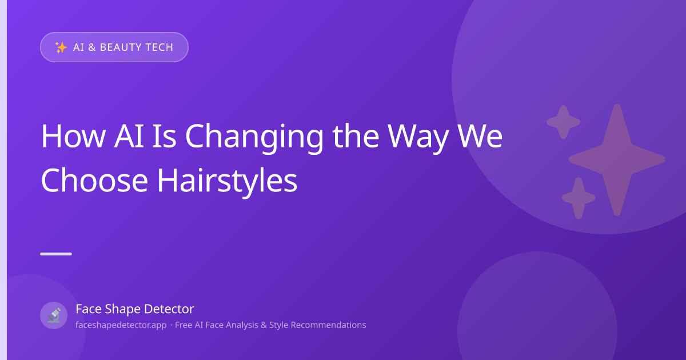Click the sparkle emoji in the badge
tap(61, 47)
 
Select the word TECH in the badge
tap(159, 47)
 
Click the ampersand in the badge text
tap(92, 47)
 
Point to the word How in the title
tap(74, 136)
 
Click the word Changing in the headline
tap(254, 138)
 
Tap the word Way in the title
tap(418, 138)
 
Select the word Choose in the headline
tap(94, 181)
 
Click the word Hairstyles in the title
tap(227, 182)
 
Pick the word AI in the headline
tap(129, 136)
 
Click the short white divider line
tap(56, 254)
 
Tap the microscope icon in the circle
tap(54, 315)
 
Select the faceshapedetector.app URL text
tap(121, 325)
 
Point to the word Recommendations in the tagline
tap(328, 325)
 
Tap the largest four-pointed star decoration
tap(617, 160)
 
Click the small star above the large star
tap(564, 122)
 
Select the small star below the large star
tap(579, 198)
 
